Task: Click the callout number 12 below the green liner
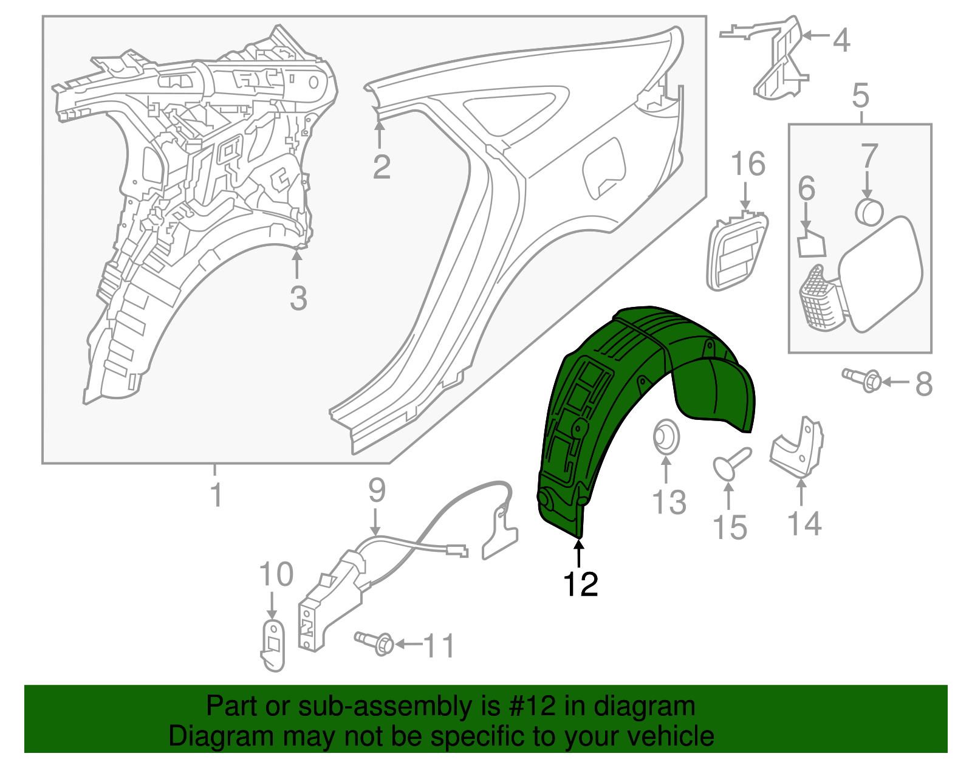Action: coord(581,584)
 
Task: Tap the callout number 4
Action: coord(841,40)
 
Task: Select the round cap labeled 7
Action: coord(869,212)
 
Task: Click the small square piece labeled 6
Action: coord(812,243)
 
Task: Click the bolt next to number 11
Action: coord(374,643)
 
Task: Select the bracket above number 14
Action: coord(798,447)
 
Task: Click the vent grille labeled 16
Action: coord(737,252)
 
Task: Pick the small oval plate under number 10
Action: coord(273,645)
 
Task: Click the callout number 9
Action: coord(377,490)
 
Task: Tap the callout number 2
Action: coord(382,167)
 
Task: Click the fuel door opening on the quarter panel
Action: coord(604,168)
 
